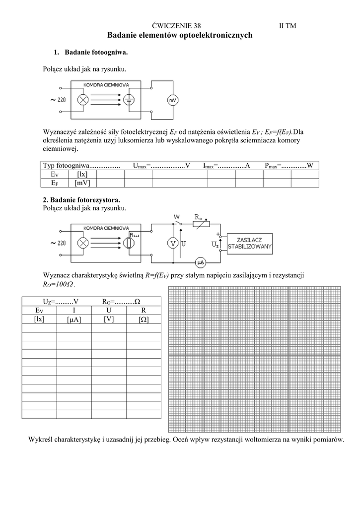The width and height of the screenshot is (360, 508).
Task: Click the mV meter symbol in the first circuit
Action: point(172,101)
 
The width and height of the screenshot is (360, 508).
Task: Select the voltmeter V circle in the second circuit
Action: point(173,243)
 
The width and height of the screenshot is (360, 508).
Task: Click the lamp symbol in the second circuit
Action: point(84,243)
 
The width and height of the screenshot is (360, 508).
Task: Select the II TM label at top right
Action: point(288,26)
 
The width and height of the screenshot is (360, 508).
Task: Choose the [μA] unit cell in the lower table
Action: point(73,320)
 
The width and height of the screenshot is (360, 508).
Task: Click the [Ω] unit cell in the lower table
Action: point(144,320)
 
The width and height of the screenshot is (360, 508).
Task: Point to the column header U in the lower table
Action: point(108,310)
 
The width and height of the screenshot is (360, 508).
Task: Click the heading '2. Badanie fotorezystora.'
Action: point(81,200)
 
